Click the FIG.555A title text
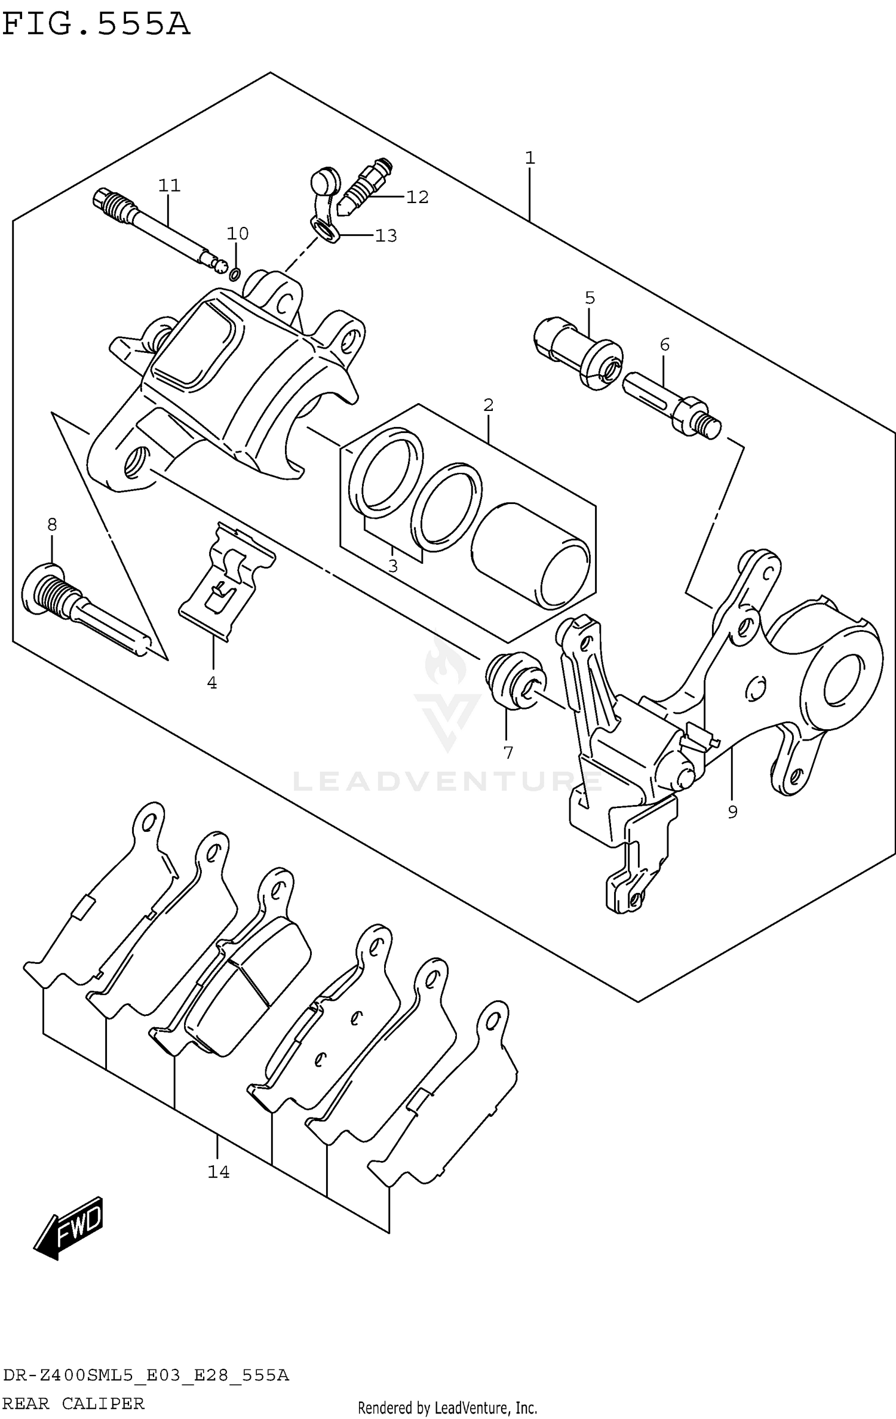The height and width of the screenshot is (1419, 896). tap(96, 25)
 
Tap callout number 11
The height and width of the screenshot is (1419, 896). tap(169, 185)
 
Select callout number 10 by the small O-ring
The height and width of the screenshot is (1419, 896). tap(237, 233)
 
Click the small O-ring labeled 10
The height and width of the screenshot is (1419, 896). tap(235, 274)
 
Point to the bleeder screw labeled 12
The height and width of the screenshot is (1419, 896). tap(364, 185)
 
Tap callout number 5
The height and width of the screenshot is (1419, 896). tap(590, 297)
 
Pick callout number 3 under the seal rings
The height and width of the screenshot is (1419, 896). tap(392, 566)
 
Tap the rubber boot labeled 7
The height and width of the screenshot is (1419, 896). tap(515, 681)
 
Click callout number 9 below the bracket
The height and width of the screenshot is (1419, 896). tap(732, 812)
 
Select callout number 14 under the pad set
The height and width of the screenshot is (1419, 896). tap(219, 1172)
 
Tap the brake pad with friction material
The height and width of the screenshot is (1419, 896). tap(251, 979)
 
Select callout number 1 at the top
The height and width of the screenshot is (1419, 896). tap(529, 158)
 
